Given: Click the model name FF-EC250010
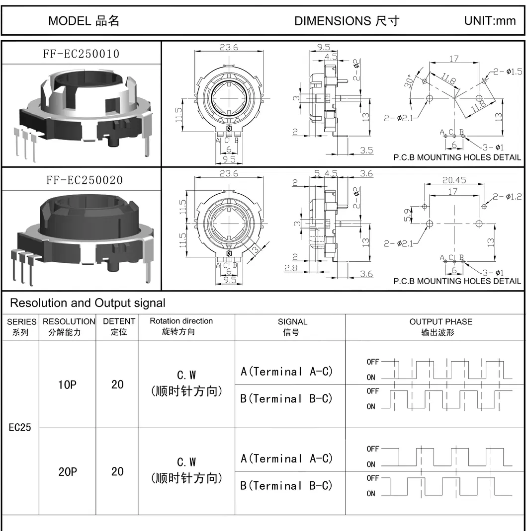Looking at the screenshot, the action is click(81, 54).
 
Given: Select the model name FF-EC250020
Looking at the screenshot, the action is click(85, 180).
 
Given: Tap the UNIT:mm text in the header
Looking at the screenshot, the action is click(490, 21).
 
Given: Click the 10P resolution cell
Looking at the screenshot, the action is click(67, 384).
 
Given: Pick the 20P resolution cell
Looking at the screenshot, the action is click(68, 471).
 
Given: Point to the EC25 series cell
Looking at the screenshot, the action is click(20, 427).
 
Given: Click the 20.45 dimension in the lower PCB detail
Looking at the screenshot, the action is click(454, 180).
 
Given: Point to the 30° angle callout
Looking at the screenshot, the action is click(409, 81).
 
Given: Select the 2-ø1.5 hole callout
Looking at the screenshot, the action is click(507, 72).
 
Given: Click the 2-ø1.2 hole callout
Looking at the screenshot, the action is click(507, 196).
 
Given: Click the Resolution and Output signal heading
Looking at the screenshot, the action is click(88, 303).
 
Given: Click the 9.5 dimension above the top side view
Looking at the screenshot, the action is click(323, 47).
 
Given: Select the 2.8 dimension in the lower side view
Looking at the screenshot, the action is click(290, 268).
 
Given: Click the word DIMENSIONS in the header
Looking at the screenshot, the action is click(333, 21).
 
